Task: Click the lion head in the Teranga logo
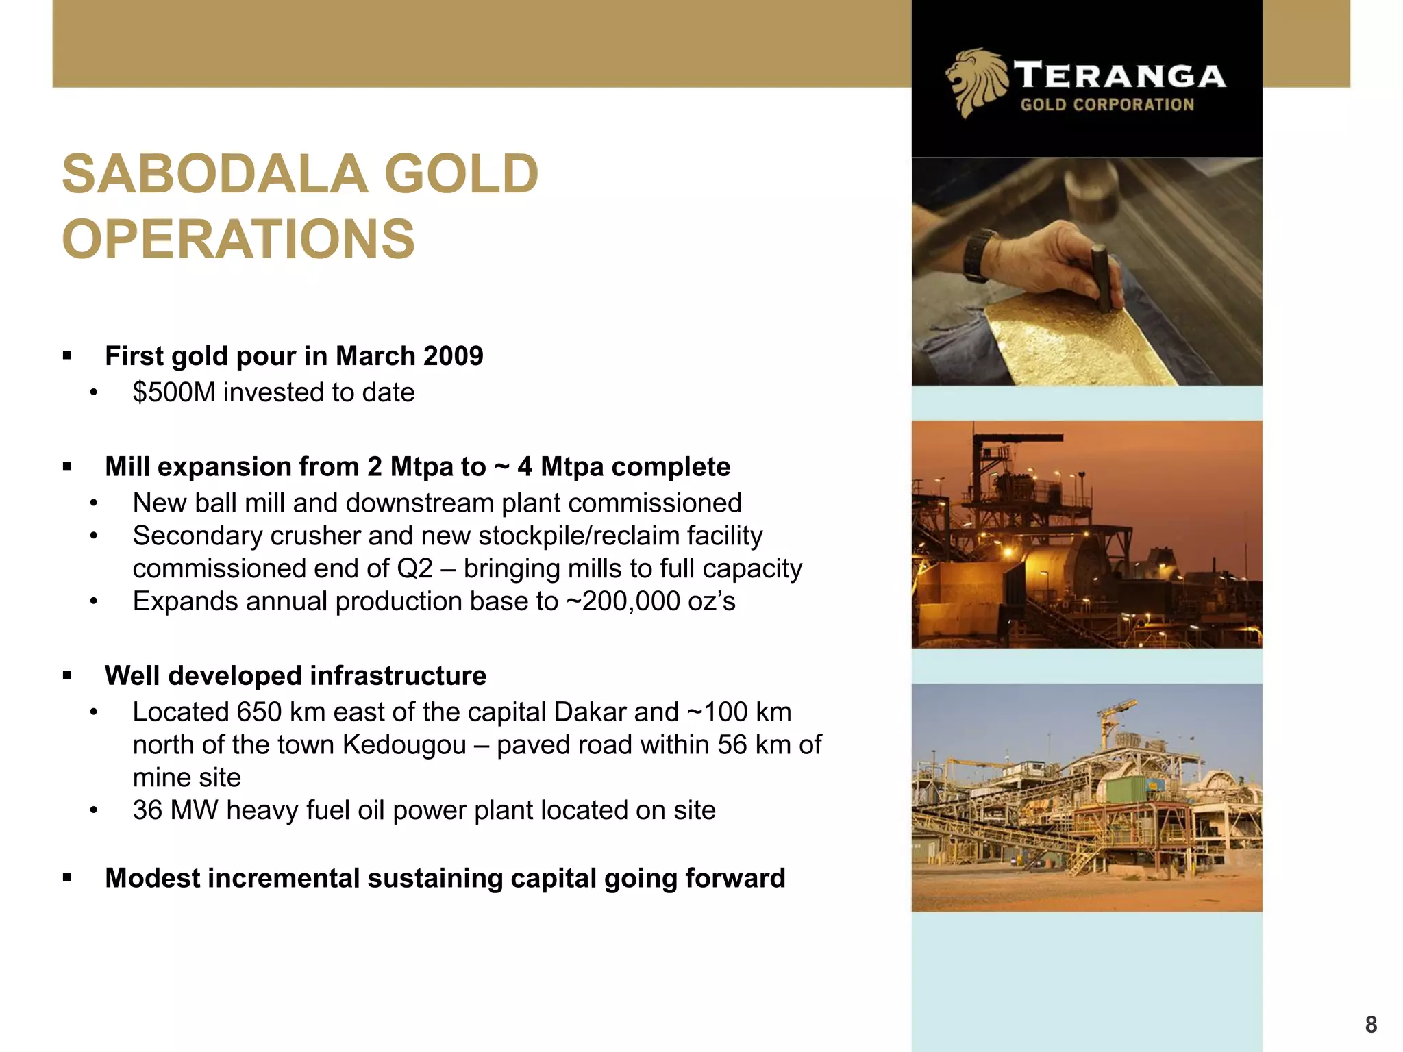pos(975,81)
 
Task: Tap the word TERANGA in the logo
pos(1119,75)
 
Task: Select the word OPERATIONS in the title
pos(238,239)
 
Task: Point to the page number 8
pos(1371,1024)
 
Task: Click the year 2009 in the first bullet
pos(453,356)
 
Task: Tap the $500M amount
pos(174,392)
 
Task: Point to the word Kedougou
pos(404,745)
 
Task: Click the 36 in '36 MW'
pos(147,810)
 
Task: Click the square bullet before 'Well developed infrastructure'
pos(67,676)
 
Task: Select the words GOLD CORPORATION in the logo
pos(1107,105)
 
